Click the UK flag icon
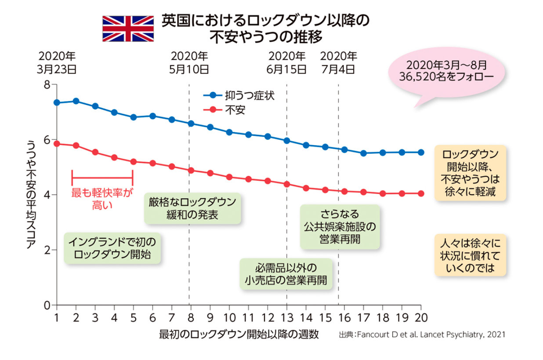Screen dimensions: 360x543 128,29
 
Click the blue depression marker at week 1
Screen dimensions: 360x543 57,102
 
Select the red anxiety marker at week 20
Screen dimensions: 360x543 421,193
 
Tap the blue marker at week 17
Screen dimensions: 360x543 363,153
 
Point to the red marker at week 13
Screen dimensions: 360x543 287,184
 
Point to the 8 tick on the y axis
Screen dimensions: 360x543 48,84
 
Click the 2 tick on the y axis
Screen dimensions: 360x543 48,250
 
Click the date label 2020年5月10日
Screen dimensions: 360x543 189,62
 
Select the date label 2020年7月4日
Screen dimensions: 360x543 338,62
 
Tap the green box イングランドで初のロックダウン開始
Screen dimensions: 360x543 112,248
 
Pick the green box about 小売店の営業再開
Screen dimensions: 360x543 286,273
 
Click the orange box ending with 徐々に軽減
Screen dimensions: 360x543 470,173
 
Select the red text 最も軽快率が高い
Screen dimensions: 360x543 102,198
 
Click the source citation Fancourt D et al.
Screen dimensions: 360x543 422,335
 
